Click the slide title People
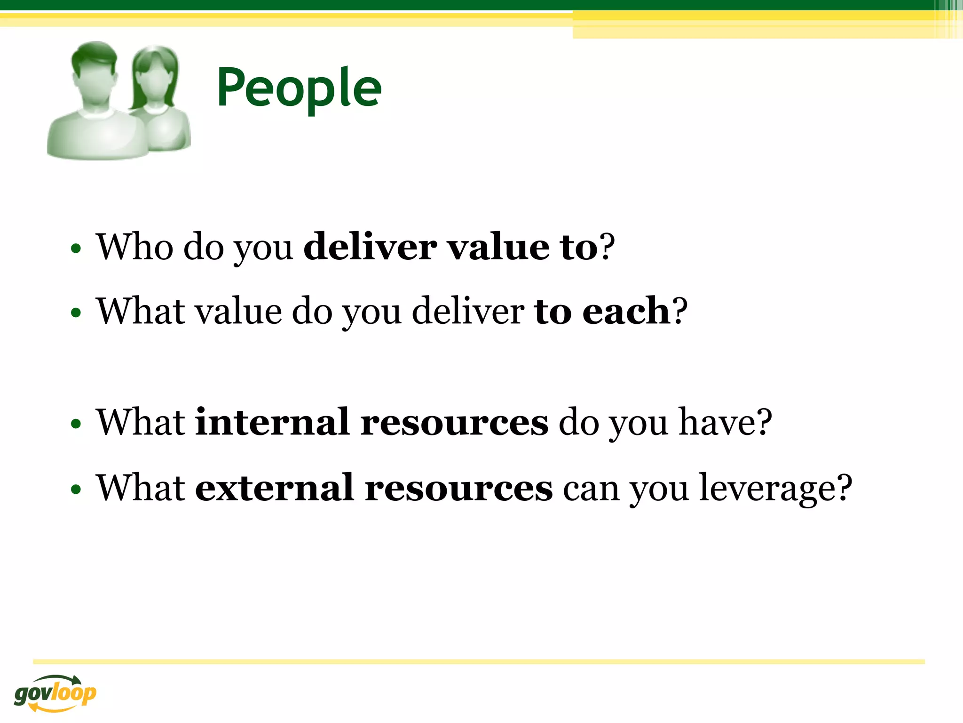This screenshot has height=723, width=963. tap(299, 88)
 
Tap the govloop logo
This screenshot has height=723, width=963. tap(55, 693)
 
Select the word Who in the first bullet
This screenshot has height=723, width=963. tap(134, 247)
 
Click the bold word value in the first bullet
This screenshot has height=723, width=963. tap(498, 247)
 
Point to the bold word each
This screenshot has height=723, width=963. tap(626, 311)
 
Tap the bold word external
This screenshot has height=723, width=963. tap(274, 488)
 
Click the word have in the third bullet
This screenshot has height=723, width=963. tap(715, 422)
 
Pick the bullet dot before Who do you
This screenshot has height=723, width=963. tap(76, 248)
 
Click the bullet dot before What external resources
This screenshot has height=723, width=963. tap(76, 490)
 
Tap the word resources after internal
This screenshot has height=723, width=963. tap(454, 422)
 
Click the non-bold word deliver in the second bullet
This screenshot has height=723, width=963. tap(468, 311)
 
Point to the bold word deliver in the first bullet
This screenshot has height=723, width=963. tap(370, 247)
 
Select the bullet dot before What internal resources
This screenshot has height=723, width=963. tap(76, 424)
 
